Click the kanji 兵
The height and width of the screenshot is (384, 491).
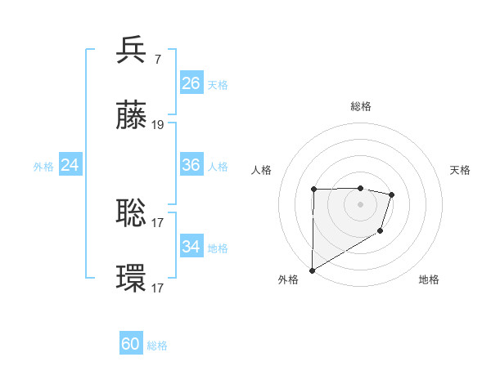(x=132, y=51)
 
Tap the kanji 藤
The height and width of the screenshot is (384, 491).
(x=132, y=116)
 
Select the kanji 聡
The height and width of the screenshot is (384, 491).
(x=132, y=213)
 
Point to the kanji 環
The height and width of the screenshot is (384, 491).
(x=132, y=279)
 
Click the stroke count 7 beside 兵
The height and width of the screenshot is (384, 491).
(x=157, y=60)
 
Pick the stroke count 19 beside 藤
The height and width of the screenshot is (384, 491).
(x=158, y=125)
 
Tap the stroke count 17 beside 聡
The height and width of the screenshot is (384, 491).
(x=158, y=222)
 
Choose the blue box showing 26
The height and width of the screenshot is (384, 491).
(x=191, y=83)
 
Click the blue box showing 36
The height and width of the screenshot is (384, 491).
(x=191, y=165)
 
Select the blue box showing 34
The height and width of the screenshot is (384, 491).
(x=191, y=247)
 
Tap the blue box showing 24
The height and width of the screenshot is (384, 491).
(x=70, y=165)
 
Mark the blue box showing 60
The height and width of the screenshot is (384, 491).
(x=131, y=344)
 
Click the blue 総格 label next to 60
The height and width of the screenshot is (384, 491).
(x=157, y=346)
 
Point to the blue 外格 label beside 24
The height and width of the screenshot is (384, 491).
(x=43, y=167)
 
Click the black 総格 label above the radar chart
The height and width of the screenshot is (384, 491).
(x=361, y=106)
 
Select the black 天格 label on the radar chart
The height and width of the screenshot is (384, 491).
(x=461, y=170)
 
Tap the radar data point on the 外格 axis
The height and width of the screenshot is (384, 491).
(x=312, y=270)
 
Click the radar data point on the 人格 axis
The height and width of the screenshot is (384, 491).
(x=314, y=190)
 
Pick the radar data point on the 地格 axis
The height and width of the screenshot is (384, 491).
(x=381, y=232)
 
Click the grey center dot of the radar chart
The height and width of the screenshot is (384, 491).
(x=360, y=204)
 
